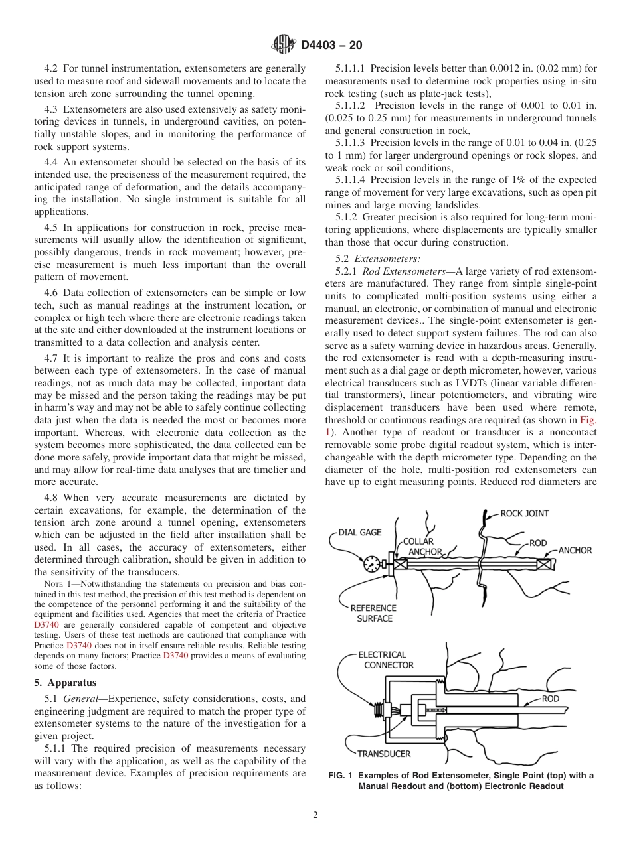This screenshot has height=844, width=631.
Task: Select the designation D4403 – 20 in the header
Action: click(332, 46)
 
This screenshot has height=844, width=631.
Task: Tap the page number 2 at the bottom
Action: click(315, 815)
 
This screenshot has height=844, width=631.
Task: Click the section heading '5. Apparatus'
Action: click(65, 682)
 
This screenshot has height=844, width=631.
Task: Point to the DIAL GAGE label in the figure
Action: click(360, 532)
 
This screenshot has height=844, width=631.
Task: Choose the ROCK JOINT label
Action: click(525, 513)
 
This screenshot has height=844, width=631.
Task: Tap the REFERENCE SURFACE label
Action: click(374, 613)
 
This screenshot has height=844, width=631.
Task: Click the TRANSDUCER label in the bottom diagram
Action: click(383, 754)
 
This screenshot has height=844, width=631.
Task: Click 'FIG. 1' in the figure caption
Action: click(343, 776)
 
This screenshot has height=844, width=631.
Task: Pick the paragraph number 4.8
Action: click(52, 498)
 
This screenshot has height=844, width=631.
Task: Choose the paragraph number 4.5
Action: click(52, 227)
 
